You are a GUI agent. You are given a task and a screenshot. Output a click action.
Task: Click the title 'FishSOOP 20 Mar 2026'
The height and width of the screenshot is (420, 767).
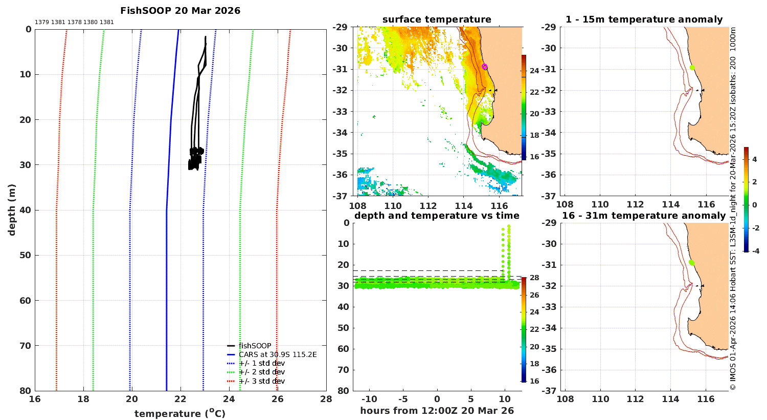click(180, 11)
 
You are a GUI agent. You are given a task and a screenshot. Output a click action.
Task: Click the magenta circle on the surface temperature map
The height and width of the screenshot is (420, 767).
click(485, 67)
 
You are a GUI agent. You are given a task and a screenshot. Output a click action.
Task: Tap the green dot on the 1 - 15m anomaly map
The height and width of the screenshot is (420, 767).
click(692, 68)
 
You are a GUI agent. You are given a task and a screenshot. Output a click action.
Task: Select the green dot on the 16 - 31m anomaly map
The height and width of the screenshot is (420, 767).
click(691, 263)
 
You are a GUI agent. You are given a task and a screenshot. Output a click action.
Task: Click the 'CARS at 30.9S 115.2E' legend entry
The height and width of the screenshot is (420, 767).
click(278, 354)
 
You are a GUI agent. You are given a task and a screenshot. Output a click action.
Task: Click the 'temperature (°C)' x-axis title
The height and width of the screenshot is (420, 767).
click(180, 413)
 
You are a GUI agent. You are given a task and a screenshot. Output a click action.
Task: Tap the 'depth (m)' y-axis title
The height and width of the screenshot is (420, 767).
click(12, 210)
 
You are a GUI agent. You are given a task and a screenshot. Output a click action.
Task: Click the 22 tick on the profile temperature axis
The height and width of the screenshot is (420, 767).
click(181, 399)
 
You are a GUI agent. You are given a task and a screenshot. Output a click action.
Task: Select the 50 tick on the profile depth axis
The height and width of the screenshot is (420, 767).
click(26, 255)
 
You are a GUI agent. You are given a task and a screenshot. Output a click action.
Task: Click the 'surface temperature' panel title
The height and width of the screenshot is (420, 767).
click(437, 19)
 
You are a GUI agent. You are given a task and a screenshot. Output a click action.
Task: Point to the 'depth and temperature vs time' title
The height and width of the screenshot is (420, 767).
click(437, 216)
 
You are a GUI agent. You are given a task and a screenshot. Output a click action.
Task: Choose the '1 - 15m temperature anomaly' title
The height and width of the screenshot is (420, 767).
click(644, 19)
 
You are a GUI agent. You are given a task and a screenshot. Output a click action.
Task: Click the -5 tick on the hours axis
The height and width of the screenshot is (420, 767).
click(403, 399)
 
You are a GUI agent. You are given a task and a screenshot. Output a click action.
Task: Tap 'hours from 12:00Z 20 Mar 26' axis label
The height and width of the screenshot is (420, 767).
click(437, 410)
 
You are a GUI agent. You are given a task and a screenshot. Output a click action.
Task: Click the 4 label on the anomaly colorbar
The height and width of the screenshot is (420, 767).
click(754, 159)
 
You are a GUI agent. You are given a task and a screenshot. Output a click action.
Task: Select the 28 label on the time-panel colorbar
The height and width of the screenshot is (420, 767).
click(534, 278)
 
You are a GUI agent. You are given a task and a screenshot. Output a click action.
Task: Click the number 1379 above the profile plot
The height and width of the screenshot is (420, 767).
click(42, 23)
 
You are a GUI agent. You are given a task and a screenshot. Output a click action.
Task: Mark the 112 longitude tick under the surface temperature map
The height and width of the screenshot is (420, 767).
click(428, 206)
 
